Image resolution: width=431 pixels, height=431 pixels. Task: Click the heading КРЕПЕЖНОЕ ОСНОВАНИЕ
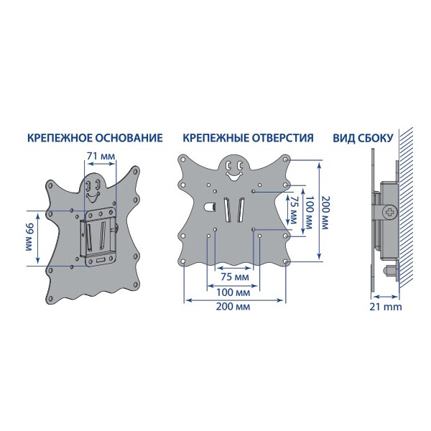tap(95, 138)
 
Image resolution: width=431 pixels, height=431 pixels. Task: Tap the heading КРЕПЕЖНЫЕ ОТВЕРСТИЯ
tap(249, 138)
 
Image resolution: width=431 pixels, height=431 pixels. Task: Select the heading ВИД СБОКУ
tap(363, 138)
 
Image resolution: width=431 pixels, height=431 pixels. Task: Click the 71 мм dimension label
tap(101, 156)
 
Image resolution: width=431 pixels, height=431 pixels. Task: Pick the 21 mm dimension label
tap(385, 307)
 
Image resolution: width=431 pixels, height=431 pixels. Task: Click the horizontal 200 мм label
tap(233, 307)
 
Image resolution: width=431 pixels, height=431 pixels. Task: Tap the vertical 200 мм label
tap(325, 213)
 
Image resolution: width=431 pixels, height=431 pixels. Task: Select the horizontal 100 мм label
tap(233, 292)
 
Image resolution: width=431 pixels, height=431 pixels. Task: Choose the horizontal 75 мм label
tap(235, 277)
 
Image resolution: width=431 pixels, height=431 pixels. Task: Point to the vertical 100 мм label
tap(309, 213)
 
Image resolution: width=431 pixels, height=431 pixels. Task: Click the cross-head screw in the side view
tap(390, 213)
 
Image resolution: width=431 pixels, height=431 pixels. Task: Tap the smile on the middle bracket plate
tap(233, 176)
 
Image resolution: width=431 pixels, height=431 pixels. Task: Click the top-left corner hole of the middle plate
tap(182, 159)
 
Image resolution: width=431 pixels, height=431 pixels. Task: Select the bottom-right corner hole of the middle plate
tap(285, 261)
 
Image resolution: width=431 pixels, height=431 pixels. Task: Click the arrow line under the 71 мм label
tap(101, 164)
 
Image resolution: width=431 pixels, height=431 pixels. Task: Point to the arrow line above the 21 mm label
tap(386, 297)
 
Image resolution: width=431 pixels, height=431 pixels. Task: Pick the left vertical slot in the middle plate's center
tap(227, 210)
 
